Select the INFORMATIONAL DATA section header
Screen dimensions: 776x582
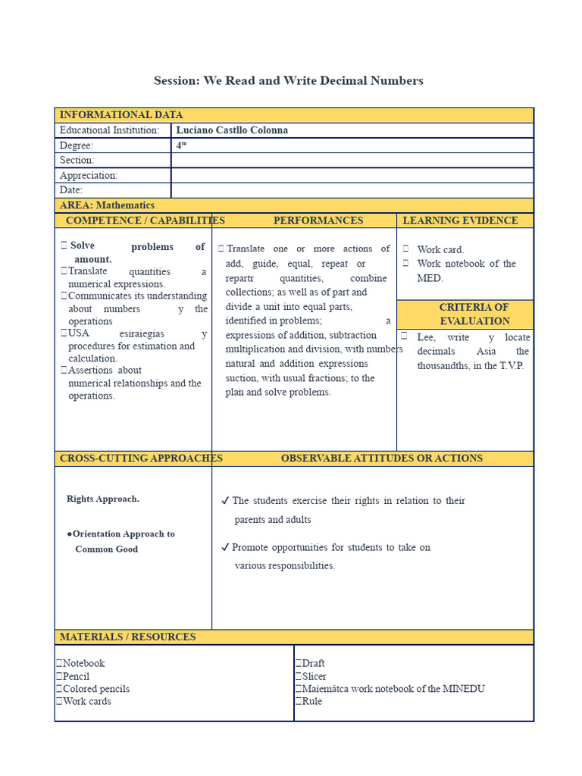click(121, 115)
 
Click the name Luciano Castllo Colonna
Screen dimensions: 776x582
click(232, 130)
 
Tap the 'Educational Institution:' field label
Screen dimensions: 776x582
click(110, 130)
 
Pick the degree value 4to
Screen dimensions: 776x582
click(182, 145)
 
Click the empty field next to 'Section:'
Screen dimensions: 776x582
click(352, 160)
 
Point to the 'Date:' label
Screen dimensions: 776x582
click(71, 190)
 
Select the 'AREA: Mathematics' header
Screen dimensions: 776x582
click(107, 205)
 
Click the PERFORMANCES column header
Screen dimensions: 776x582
click(318, 221)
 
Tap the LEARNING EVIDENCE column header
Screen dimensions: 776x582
click(460, 221)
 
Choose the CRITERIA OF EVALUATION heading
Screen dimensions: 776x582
click(474, 314)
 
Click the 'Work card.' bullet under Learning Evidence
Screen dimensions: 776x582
click(440, 249)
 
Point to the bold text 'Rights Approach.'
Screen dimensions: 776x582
click(103, 499)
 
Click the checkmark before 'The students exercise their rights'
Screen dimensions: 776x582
click(225, 501)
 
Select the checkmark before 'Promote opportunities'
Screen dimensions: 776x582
click(225, 547)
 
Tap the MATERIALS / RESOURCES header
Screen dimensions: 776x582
click(127, 637)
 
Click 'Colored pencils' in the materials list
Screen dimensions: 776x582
click(96, 689)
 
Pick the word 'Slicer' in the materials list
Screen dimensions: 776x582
click(314, 676)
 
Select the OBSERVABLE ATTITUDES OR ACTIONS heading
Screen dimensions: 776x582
click(381, 458)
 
